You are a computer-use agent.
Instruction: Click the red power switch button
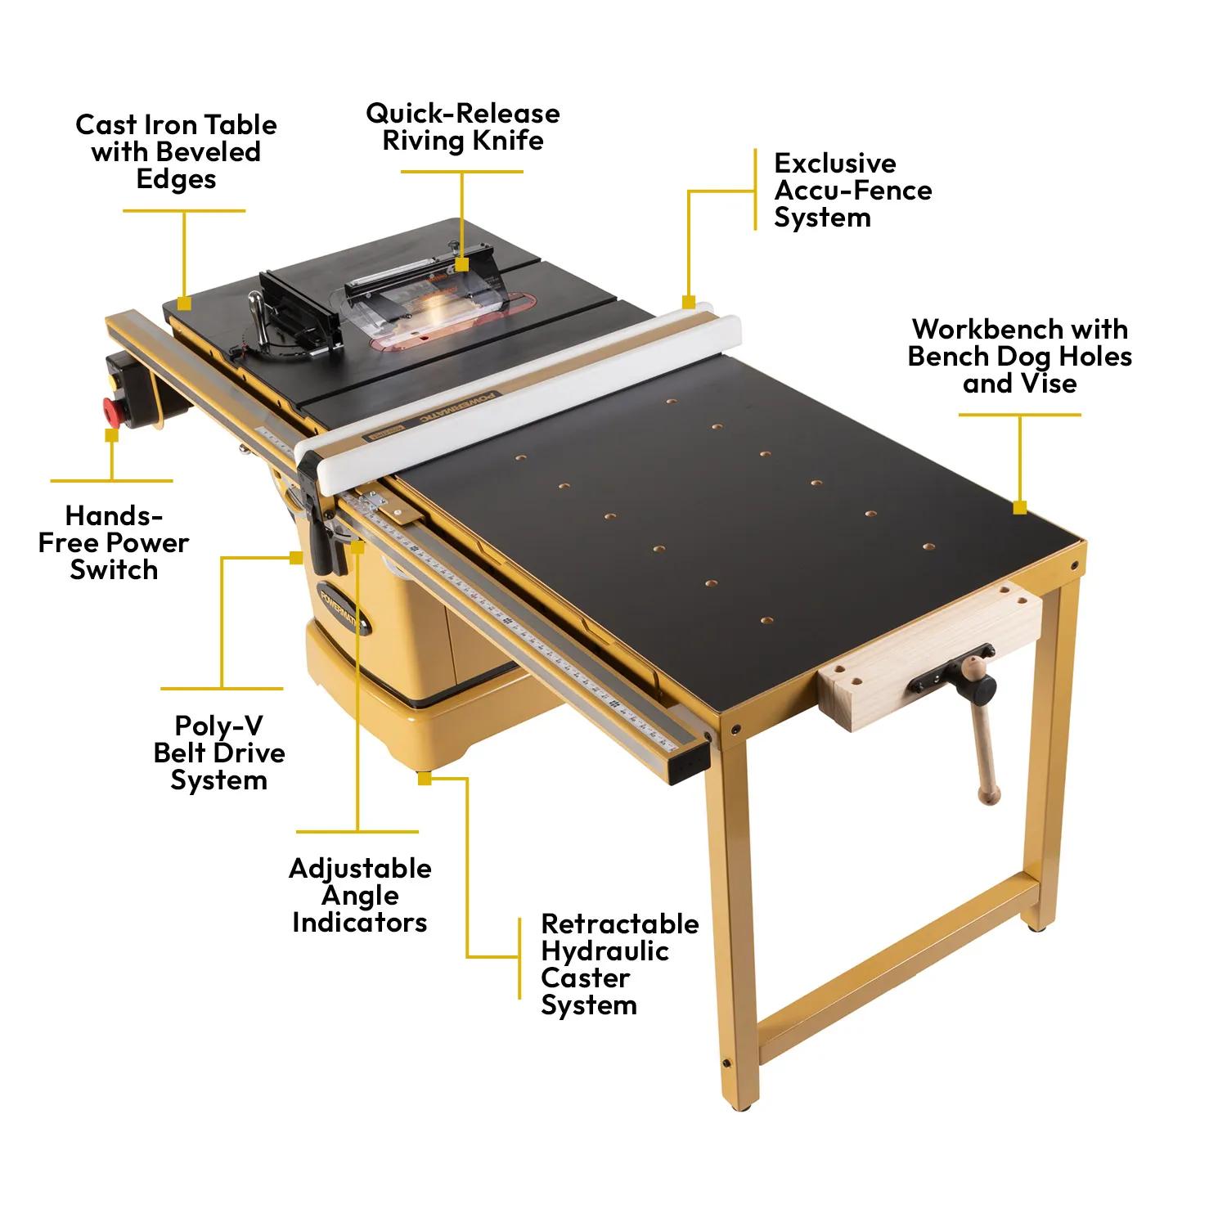(109, 407)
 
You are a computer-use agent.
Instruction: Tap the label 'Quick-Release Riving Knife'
(463, 127)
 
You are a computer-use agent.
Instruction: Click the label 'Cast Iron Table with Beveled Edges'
(176, 151)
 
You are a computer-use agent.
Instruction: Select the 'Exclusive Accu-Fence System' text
(852, 190)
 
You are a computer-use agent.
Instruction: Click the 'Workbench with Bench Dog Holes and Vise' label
(1020, 356)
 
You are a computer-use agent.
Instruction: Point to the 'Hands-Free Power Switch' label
(113, 542)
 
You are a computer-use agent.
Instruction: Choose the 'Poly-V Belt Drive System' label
(219, 753)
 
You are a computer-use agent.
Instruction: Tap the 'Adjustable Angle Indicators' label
(360, 895)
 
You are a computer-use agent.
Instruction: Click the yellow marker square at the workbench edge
(1019, 508)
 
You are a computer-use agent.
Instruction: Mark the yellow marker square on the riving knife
(462, 264)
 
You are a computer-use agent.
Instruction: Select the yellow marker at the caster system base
(424, 779)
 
